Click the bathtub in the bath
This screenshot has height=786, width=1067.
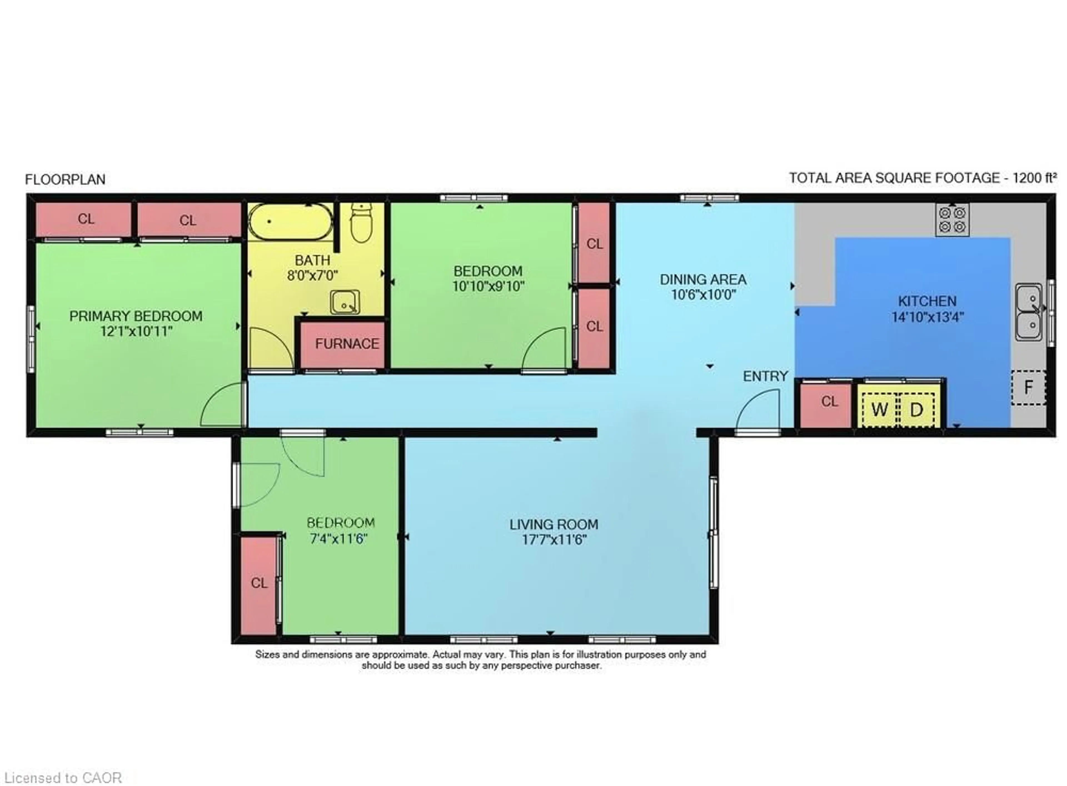pos(290,222)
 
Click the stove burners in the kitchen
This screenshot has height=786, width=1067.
pos(952,219)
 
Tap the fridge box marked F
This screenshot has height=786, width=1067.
pos(1028,387)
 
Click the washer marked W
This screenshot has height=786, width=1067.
pos(879,409)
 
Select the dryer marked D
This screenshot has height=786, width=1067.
pos(916,409)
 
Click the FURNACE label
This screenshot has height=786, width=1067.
pos(347,344)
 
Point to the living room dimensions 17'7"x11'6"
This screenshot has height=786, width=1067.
pos(554,540)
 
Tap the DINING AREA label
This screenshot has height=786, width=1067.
pos(703,279)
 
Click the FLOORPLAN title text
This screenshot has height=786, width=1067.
pos(65,179)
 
